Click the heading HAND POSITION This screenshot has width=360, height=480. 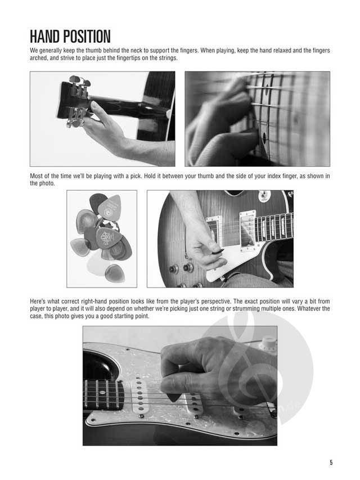click(70, 37)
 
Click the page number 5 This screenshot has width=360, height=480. click(331, 462)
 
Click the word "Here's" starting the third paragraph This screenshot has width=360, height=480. click(38, 301)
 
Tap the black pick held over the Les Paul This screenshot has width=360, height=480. click(218, 251)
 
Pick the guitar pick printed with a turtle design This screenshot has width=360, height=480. click(108, 238)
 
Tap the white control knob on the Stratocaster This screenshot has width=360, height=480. click(268, 344)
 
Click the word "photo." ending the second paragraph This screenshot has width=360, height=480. click(47, 183)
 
